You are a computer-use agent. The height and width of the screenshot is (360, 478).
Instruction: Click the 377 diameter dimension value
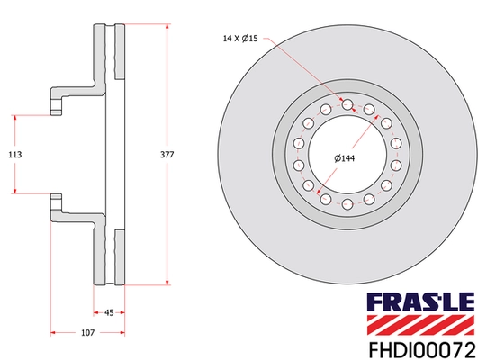click(x=167, y=154)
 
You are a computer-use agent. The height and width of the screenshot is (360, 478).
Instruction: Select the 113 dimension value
click(x=15, y=154)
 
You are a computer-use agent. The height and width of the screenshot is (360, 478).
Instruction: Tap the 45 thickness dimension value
click(x=109, y=313)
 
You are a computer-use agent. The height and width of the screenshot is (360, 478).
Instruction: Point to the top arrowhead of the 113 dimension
click(x=15, y=116)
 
